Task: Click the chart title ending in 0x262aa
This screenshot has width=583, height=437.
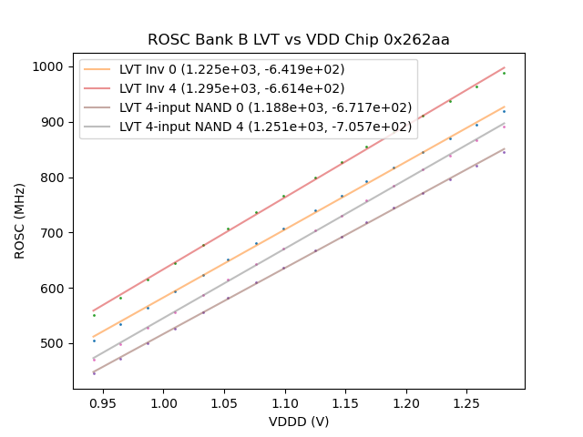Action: click(x=299, y=40)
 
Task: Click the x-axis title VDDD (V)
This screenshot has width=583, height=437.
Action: click(x=299, y=422)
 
